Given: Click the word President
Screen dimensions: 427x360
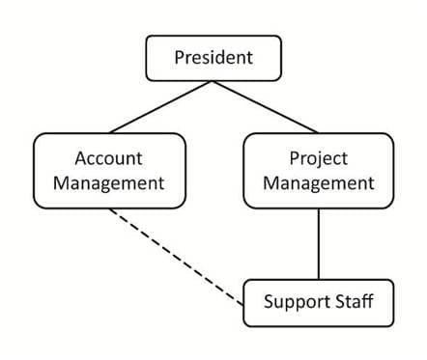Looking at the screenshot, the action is tap(213, 58).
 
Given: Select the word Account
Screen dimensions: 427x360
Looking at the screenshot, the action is tap(108, 158).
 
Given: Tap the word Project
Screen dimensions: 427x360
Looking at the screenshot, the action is tap(319, 159).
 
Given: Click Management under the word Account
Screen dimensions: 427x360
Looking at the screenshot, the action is tap(109, 184).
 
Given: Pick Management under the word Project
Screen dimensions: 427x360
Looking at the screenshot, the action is tap(319, 184).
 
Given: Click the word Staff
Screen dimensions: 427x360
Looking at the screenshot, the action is tap(355, 301).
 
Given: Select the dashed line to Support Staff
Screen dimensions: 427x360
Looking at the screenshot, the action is tap(177, 257).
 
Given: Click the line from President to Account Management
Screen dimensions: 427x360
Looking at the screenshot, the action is tap(161, 107).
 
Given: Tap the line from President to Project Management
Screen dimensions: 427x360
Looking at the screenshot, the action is tap(265, 107).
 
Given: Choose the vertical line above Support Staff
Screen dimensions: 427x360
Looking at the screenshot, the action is tap(319, 244).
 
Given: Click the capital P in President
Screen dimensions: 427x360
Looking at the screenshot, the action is tap(180, 58).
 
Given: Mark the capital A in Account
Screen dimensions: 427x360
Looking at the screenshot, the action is tap(82, 158).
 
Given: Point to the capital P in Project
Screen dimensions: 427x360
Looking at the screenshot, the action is tap(295, 158).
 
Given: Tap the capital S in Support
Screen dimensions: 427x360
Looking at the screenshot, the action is tap(270, 302).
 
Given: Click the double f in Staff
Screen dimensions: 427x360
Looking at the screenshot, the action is tap(367, 301).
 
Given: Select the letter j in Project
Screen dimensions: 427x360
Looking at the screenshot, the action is tap(316, 160).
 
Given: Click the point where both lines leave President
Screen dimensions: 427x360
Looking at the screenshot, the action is tap(213, 81).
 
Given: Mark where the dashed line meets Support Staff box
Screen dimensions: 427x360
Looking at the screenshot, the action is tap(243, 305).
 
